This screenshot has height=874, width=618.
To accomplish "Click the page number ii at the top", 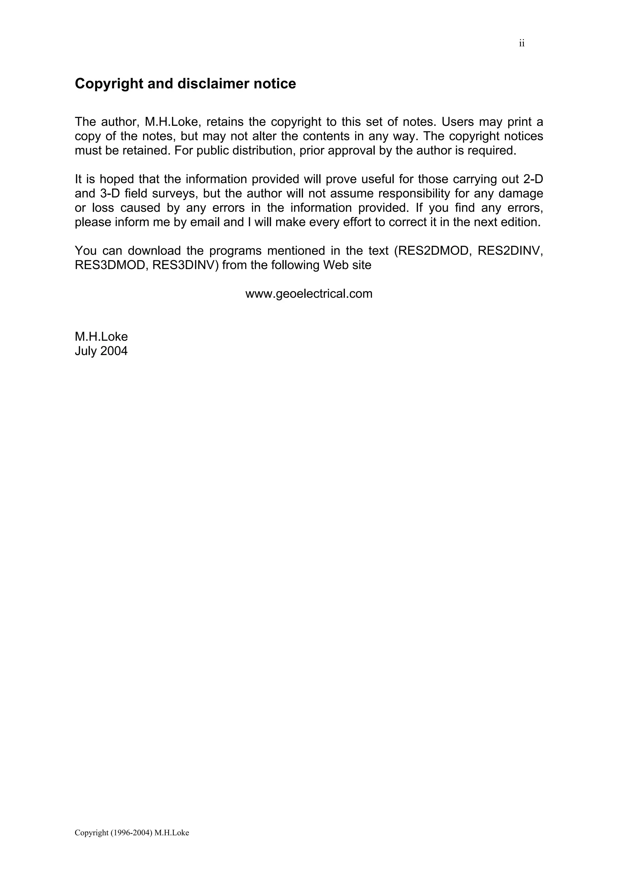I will (522, 44).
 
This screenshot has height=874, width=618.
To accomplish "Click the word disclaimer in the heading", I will (214, 84).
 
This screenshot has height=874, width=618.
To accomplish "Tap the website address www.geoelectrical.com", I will (309, 294).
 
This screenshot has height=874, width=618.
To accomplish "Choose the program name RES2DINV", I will (510, 250).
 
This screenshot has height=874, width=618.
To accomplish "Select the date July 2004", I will (101, 351).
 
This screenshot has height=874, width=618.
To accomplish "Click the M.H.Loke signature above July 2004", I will (101, 336).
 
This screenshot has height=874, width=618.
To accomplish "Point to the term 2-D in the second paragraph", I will (534, 179).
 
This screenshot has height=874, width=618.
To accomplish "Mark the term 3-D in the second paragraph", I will (110, 193).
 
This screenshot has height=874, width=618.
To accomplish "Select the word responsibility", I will (414, 193).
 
